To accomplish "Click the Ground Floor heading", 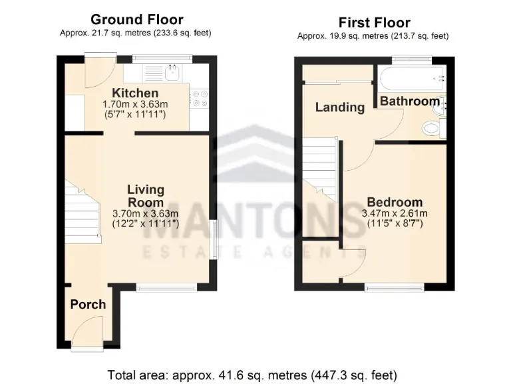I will [136, 19].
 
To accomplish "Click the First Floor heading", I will [374, 23].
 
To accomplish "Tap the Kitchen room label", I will [135, 93].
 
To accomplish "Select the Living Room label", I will [146, 196].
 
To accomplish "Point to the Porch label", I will [88, 304].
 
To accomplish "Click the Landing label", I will [339, 107].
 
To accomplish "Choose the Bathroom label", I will [409, 101].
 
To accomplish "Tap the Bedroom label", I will [395, 202].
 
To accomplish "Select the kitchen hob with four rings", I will [200, 99].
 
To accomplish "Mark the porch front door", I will [88, 331].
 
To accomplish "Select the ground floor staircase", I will [83, 212].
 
